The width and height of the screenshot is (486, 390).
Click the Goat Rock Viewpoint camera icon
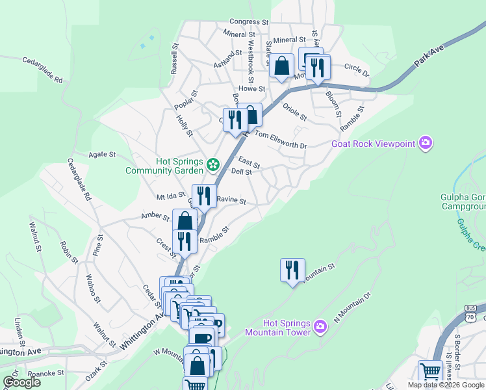pos(426,143)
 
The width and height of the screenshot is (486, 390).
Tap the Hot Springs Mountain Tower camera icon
pos(320,326)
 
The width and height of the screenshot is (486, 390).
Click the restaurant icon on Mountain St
pos(292,269)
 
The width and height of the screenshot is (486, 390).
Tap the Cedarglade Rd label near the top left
pos(43,71)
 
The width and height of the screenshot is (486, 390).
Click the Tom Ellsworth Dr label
pos(280,140)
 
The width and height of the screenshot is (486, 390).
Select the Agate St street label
pos(103,155)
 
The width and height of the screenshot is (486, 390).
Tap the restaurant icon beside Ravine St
pos(204,195)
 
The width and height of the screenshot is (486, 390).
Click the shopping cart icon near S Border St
pos(429,372)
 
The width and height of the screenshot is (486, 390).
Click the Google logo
pos(21,382)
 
